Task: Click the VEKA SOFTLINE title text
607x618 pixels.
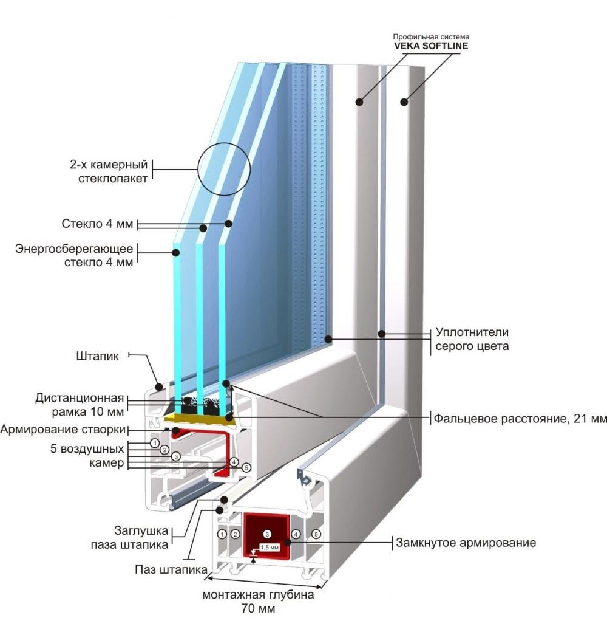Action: coord(430,46)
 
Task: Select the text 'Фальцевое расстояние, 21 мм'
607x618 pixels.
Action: coord(519,419)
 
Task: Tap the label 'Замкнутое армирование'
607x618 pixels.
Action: coord(466,543)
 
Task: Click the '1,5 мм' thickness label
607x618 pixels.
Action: coord(269,547)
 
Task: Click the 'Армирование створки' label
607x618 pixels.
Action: coord(63,430)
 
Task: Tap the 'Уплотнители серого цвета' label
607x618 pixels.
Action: coord(472,340)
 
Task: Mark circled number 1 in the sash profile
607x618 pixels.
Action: coord(155,443)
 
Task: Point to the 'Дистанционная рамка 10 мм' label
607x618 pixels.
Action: coord(80,405)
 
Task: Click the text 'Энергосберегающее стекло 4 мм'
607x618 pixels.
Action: coord(73,255)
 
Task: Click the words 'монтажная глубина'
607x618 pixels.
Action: coord(259,594)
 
